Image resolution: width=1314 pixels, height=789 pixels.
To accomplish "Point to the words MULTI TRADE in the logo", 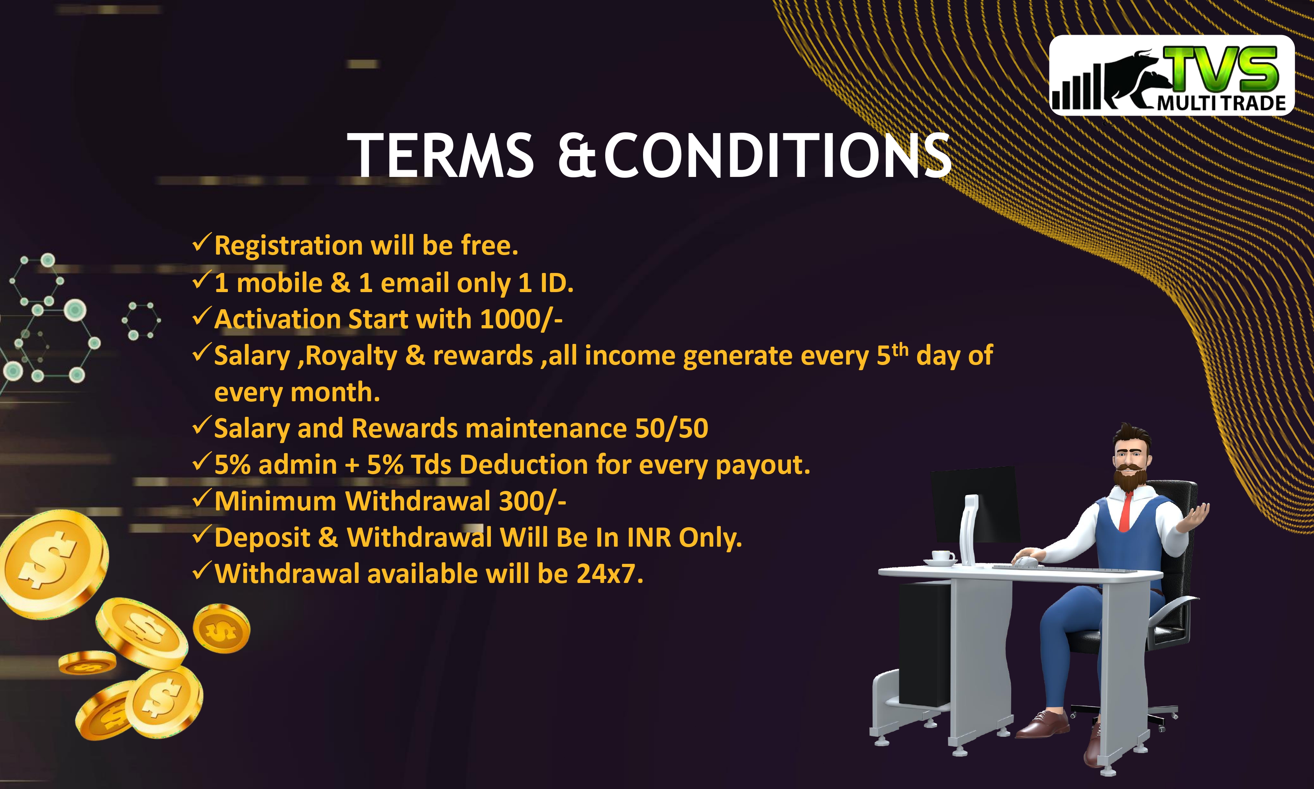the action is point(1222,103).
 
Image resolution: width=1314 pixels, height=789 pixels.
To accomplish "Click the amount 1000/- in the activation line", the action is point(521,319).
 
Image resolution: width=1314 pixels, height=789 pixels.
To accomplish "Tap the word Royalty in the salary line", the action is point(351,356).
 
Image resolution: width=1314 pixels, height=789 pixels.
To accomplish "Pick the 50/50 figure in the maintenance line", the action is point(671,428).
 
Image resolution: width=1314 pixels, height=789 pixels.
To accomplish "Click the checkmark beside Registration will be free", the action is point(202,243).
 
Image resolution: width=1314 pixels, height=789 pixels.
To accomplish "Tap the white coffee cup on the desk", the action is point(942,556).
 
